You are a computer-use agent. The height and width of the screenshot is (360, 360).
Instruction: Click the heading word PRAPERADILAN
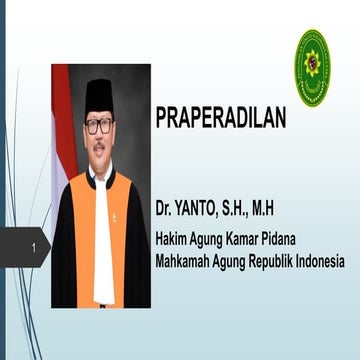click(x=220, y=118)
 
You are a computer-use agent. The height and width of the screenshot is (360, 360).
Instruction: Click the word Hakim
click(x=173, y=240)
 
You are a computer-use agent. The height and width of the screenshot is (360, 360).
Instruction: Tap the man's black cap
click(x=98, y=95)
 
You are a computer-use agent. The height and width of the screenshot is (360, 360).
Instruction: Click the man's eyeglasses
click(x=99, y=126)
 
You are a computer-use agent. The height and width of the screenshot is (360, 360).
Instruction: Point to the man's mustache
click(x=99, y=144)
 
